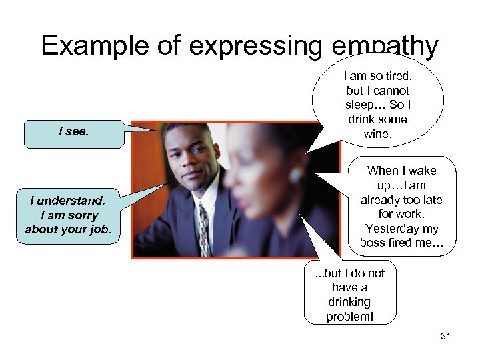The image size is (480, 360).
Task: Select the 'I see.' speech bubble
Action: [x=74, y=131]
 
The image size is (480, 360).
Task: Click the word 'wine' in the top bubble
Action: [x=377, y=133]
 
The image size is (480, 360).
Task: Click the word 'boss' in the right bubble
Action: [x=373, y=243]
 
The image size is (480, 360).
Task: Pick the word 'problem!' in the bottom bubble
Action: [x=350, y=317]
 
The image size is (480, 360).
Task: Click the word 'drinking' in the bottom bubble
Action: [x=350, y=302]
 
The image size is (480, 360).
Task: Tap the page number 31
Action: [x=445, y=337]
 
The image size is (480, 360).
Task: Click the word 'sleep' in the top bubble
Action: [x=361, y=105]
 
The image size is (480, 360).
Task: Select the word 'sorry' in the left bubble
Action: [x=83, y=215]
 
